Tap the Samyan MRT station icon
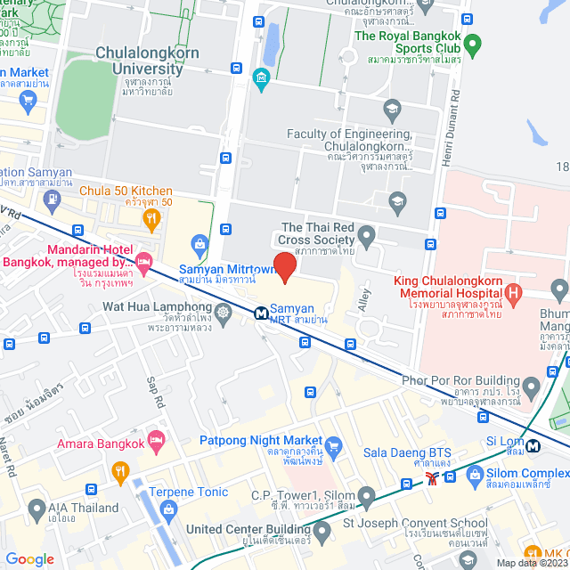pos(261,313)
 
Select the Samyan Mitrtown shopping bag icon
pos(200,243)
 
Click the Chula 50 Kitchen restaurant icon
pos(151,217)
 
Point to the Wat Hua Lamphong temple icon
pos(222,313)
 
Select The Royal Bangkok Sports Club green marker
pos(473,43)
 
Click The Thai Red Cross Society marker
pos(366,237)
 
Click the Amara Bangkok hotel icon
pos(157,438)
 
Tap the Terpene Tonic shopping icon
pos(167,509)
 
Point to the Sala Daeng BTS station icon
pos(432,478)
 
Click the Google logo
pos(29,558)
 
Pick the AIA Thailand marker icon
pos(37,509)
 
